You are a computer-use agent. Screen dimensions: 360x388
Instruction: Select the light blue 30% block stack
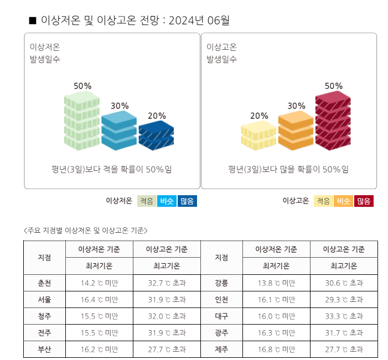pyautogui.click(x=119, y=131)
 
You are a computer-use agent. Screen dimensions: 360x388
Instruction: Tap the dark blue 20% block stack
pyautogui.click(x=156, y=136)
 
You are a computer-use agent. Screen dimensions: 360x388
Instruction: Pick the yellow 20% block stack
pyautogui.click(x=258, y=137)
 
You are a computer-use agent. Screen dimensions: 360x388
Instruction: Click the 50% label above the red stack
pyautogui.click(x=333, y=86)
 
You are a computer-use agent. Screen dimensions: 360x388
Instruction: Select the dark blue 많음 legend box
pyautogui.click(x=188, y=201)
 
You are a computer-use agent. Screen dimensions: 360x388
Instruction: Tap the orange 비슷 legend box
pyautogui.click(x=344, y=201)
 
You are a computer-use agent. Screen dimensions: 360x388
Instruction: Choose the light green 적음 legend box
pyautogui.click(x=147, y=201)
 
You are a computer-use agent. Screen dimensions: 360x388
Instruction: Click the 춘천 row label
pyautogui.click(x=44, y=283)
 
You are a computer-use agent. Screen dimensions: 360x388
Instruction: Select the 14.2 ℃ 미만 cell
pyautogui.click(x=99, y=283)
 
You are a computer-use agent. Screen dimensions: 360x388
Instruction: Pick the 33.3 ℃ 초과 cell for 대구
pyautogui.click(x=344, y=316)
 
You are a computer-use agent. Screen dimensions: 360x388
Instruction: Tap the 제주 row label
pyautogui.click(x=221, y=349)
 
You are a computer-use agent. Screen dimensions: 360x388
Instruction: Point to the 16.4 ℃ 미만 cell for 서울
pyautogui.click(x=99, y=300)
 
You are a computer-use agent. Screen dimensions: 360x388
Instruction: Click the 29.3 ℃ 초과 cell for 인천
pyautogui.click(x=344, y=300)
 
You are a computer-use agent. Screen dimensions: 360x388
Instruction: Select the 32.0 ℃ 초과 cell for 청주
pyautogui.click(x=166, y=316)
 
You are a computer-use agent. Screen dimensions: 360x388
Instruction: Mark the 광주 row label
pyautogui.click(x=221, y=333)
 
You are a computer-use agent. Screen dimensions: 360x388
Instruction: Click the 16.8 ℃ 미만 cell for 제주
pyautogui.click(x=276, y=349)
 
